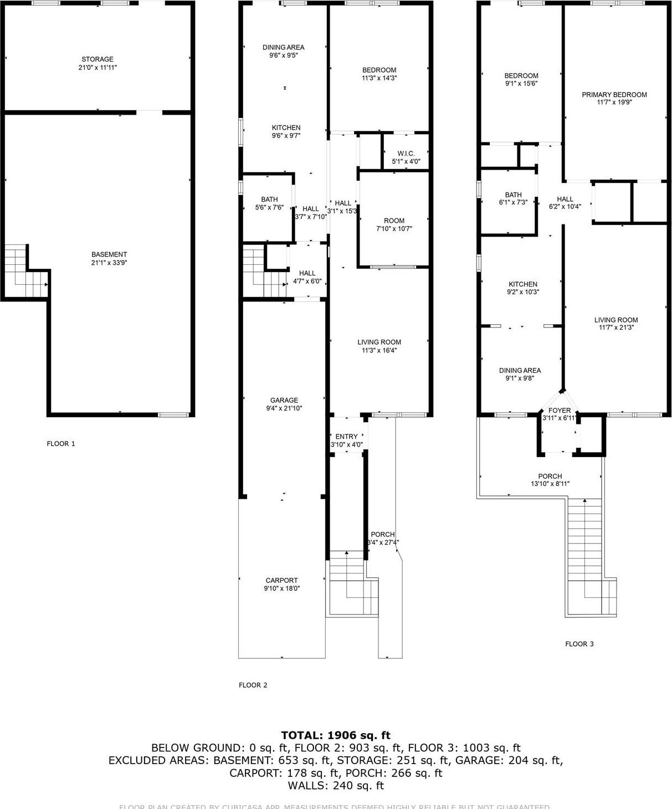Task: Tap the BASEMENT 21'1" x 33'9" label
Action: tap(109, 258)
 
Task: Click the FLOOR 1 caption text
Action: tap(61, 444)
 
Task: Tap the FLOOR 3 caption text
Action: tap(579, 644)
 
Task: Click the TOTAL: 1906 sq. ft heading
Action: tap(336, 735)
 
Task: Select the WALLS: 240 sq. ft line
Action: tap(336, 785)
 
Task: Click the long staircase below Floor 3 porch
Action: tap(584, 543)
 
